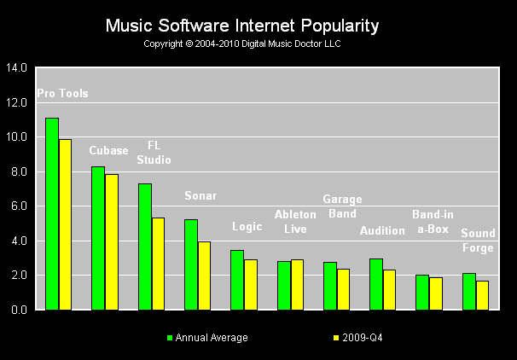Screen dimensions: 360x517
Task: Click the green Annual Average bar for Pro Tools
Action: pos(52,213)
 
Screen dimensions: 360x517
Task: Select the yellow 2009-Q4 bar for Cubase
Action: pos(112,241)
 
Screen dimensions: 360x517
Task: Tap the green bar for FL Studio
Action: pos(145,247)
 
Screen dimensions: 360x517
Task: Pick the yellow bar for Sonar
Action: pos(205,276)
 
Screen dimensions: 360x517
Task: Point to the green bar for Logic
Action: pos(237,280)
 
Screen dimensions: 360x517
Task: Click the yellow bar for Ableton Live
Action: pos(297,284)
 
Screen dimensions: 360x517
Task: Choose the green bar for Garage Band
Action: pos(330,286)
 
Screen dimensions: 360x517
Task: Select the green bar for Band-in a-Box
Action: pos(422,292)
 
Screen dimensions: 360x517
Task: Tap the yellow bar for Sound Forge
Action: pos(482,295)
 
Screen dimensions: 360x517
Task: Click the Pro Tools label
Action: pos(62,94)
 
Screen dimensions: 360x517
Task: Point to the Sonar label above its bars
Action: pos(201,196)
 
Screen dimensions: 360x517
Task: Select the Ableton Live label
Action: pos(295,220)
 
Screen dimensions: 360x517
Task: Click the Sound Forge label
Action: pos(477,240)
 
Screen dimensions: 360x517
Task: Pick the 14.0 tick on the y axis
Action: pos(17,67)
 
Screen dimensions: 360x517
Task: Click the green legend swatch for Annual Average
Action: pos(170,338)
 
